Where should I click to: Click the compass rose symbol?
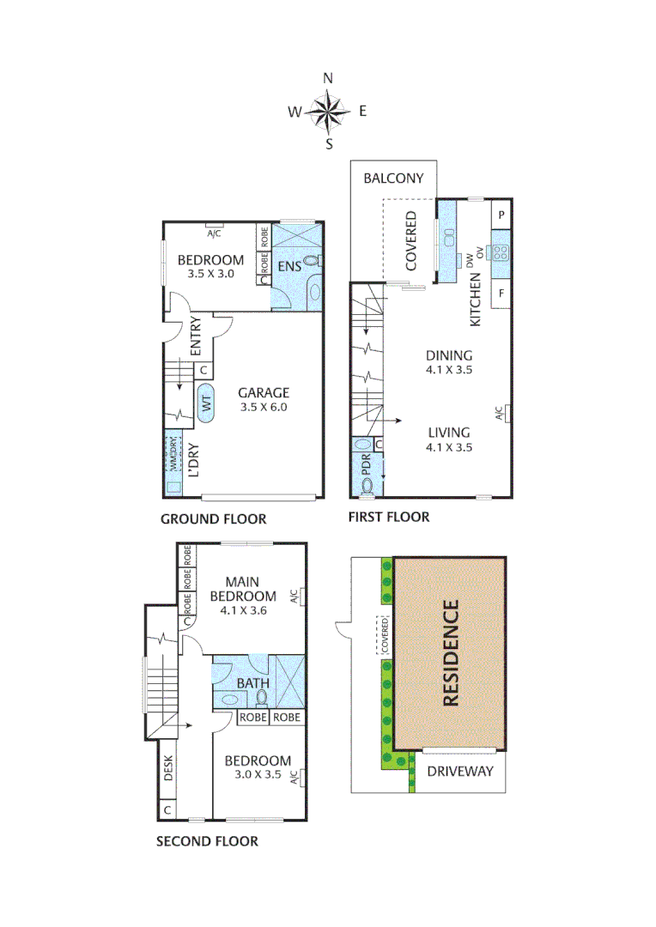pyautogui.click(x=328, y=111)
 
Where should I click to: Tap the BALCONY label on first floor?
pyautogui.click(x=393, y=179)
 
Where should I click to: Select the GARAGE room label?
pyautogui.click(x=264, y=393)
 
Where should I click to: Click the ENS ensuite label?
pyautogui.click(x=289, y=266)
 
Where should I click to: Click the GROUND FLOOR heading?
pyautogui.click(x=213, y=519)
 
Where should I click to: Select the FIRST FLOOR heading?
pyautogui.click(x=388, y=517)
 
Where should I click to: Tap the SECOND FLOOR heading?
pyautogui.click(x=206, y=841)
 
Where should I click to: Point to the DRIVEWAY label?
pyautogui.click(x=460, y=771)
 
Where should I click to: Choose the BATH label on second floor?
pyautogui.click(x=253, y=684)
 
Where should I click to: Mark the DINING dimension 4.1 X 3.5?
pyautogui.click(x=449, y=371)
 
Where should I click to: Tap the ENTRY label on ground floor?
pyautogui.click(x=194, y=335)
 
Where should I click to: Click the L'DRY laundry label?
pyautogui.click(x=194, y=460)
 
